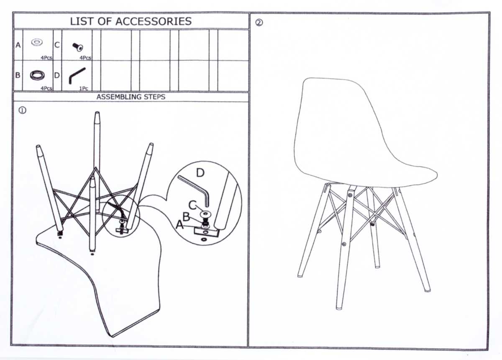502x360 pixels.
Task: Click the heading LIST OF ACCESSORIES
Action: click(131, 21)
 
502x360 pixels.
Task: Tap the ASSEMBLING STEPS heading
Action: click(131, 97)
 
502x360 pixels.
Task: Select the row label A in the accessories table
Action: click(18, 45)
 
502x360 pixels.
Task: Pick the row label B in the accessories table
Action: click(18, 75)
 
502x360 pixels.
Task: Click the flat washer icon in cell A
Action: click(37, 42)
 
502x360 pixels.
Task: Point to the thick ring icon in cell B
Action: click(37, 75)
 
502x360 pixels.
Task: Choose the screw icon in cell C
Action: click(78, 46)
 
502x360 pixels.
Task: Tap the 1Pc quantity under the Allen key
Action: click(84, 89)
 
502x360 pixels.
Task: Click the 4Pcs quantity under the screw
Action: click(85, 58)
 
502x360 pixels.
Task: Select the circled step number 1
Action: click(22, 110)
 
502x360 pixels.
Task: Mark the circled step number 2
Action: click(259, 23)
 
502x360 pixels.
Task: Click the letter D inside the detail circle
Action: click(200, 173)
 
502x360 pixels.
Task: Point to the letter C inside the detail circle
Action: click(192, 205)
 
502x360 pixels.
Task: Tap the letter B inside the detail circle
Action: click(186, 217)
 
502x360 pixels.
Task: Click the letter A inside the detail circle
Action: click(180, 224)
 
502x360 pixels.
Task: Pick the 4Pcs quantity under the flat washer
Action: click(46, 58)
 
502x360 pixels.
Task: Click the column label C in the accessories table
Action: click(57, 45)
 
